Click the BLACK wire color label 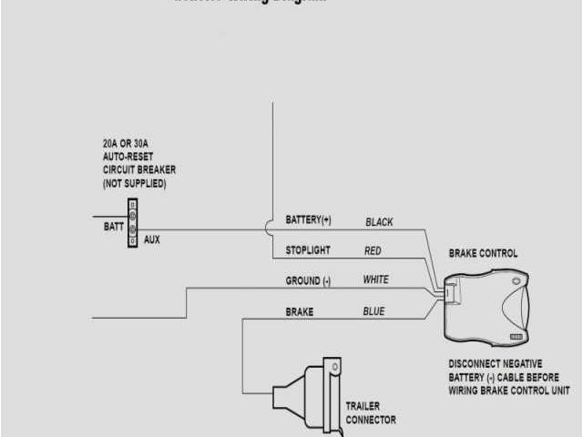[379, 222]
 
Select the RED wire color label [373, 250]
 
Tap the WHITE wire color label [375, 280]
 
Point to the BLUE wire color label [373, 311]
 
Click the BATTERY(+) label [309, 221]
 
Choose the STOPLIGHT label [308, 250]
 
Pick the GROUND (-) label [308, 281]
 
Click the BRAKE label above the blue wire [300, 311]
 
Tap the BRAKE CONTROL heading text [483, 253]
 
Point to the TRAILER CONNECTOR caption [371, 412]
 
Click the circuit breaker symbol [132, 223]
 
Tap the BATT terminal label [113, 227]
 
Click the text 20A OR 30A [131, 144]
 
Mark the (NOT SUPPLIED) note [135, 183]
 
